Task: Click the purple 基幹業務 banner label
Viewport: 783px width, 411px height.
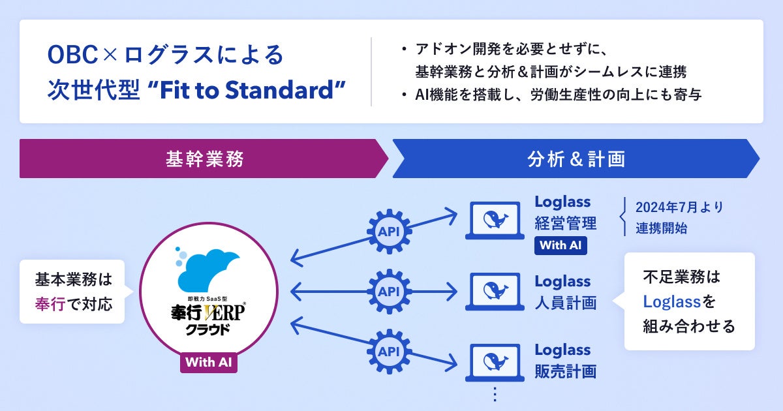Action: (x=205, y=159)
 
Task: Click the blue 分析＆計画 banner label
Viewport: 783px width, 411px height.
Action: (x=576, y=159)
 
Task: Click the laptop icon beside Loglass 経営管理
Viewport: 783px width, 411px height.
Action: (x=494, y=221)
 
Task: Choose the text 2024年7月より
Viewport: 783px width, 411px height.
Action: (x=679, y=207)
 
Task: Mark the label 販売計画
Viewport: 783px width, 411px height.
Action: (x=565, y=371)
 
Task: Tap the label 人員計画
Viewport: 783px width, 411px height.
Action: (x=565, y=303)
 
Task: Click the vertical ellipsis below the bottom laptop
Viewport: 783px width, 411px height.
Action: (x=494, y=394)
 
